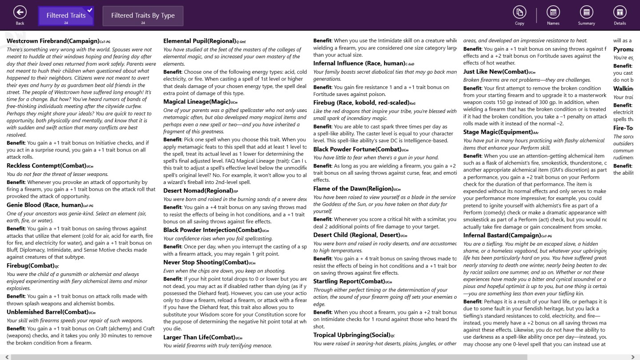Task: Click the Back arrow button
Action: click(x=20, y=12)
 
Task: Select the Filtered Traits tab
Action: click(x=66, y=16)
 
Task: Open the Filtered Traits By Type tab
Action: click(x=143, y=16)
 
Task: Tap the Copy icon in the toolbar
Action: click(x=519, y=12)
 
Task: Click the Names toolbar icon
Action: click(x=553, y=12)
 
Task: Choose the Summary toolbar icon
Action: click(x=586, y=12)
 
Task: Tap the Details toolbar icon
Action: click(x=620, y=12)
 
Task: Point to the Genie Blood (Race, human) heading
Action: click(x=44, y=205)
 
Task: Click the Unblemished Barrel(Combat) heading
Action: click(x=48, y=312)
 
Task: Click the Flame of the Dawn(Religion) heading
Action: click(x=353, y=188)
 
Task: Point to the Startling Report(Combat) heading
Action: click(x=349, y=281)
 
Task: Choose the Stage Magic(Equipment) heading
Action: click(x=497, y=132)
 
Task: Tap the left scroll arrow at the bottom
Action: click(x=7, y=357)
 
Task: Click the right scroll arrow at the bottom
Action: click(x=633, y=357)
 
